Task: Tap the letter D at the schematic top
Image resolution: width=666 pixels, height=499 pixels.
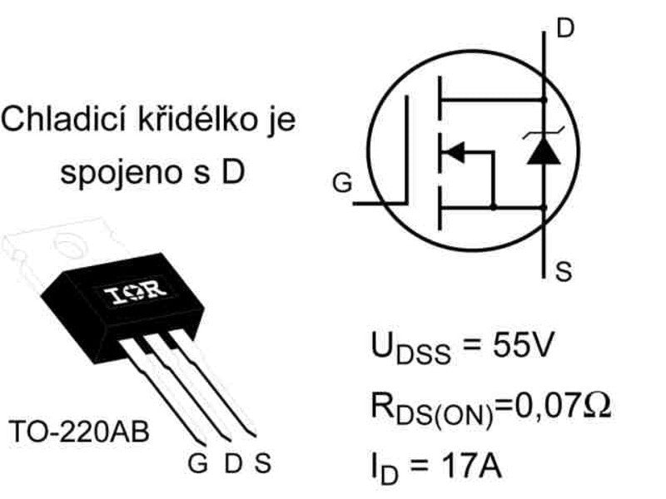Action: coord(564,29)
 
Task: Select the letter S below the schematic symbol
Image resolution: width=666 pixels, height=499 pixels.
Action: coord(564,272)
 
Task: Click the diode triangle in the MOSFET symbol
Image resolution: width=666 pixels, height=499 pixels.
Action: coord(543,150)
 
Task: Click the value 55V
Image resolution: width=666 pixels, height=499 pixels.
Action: coord(516,346)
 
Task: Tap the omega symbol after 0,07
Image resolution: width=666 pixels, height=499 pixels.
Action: coord(598,407)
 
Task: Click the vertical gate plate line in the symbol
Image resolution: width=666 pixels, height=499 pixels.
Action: coord(409,150)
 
